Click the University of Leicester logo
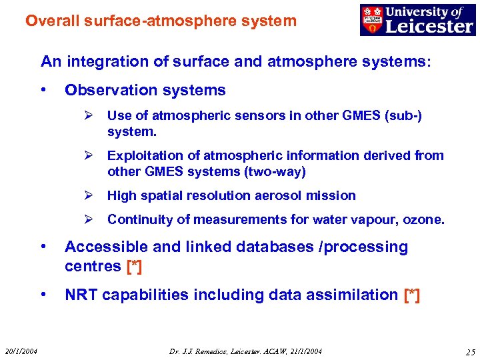coord(417,19)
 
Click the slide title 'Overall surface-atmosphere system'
coord(161,21)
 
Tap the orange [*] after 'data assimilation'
coord(412,295)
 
